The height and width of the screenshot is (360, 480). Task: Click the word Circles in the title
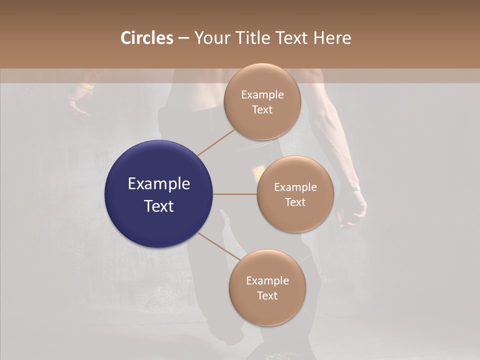[x=147, y=38]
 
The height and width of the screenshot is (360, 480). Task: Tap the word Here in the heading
[x=332, y=38]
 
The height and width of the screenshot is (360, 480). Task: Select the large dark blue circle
[x=159, y=194]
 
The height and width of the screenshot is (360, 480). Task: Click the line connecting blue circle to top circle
[x=216, y=142]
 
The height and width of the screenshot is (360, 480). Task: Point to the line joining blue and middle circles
[x=235, y=194]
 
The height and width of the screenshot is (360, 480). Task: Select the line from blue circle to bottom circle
[x=219, y=246]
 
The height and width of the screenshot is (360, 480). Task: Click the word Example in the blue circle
[x=159, y=183]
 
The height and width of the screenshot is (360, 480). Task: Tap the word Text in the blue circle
[x=159, y=206]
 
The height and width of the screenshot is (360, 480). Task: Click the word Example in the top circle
[x=262, y=94]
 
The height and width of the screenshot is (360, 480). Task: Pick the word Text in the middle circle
[x=295, y=202]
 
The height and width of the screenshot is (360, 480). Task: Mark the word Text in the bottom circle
[x=267, y=295]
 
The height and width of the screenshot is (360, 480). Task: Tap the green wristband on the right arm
[x=355, y=188]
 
